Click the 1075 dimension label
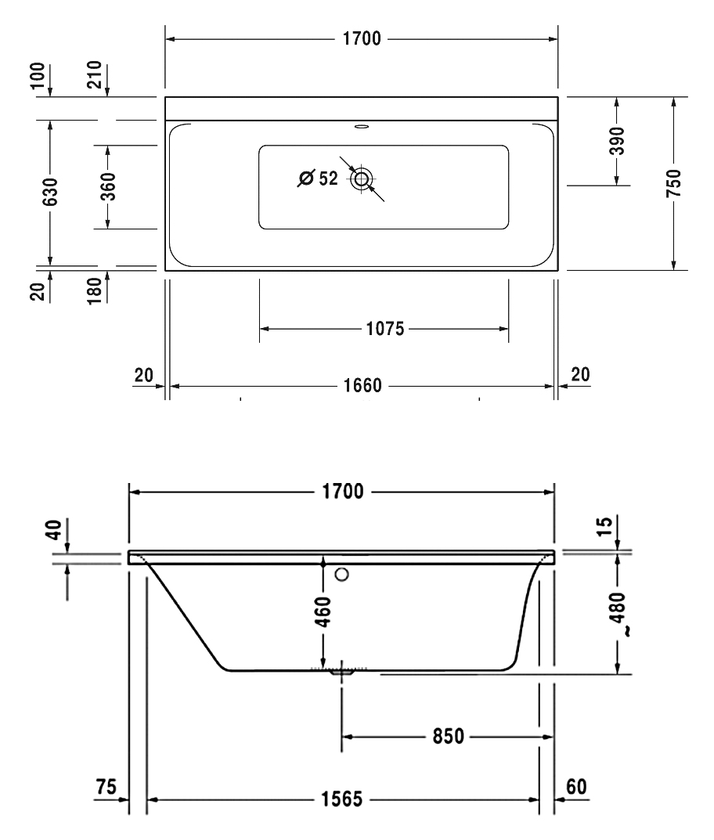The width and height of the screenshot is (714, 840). pyautogui.click(x=384, y=328)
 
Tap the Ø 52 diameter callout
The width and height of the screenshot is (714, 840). pyautogui.click(x=318, y=178)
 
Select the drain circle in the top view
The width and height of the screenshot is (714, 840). pyautogui.click(x=362, y=178)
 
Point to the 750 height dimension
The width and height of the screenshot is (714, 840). pyautogui.click(x=674, y=182)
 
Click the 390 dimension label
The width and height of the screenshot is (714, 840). pyautogui.click(x=617, y=141)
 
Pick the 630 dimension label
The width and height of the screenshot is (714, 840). pyautogui.click(x=50, y=192)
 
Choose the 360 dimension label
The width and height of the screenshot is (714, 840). pyautogui.click(x=108, y=186)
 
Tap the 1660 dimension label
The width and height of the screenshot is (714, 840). pyautogui.click(x=362, y=385)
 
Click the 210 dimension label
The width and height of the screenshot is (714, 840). pyautogui.click(x=94, y=74)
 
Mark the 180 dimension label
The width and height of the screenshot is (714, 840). pyautogui.click(x=94, y=291)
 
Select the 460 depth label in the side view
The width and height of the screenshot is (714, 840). pyautogui.click(x=323, y=611)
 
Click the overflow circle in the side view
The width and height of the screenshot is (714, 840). pyautogui.click(x=342, y=575)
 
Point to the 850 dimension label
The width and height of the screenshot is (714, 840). pyautogui.click(x=449, y=736)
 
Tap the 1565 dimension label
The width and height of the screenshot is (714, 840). pyautogui.click(x=342, y=799)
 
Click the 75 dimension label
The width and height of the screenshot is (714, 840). pyautogui.click(x=106, y=787)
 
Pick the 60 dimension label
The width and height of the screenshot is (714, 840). pyautogui.click(x=576, y=787)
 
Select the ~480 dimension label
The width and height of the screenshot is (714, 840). pyautogui.click(x=618, y=615)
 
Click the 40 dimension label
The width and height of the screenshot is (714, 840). pyautogui.click(x=54, y=529)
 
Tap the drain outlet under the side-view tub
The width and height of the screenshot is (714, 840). pyautogui.click(x=341, y=672)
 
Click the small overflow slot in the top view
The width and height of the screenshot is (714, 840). pyautogui.click(x=362, y=127)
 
